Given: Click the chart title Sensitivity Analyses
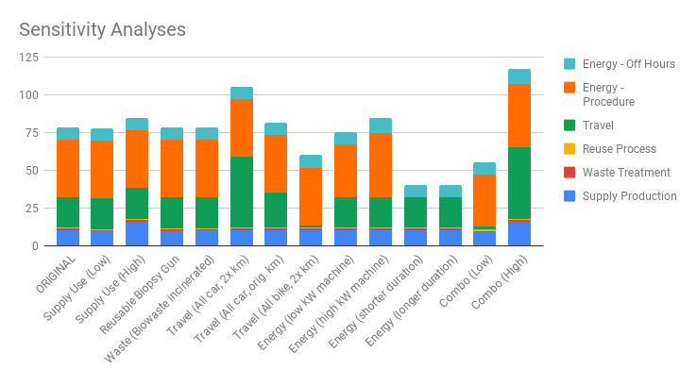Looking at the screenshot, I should (102, 29).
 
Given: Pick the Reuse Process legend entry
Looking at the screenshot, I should (619, 149).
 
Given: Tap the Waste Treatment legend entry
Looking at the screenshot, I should (626, 173).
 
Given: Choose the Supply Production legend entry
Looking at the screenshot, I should (629, 196).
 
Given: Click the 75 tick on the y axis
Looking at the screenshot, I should (31, 133).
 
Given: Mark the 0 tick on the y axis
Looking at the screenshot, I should (35, 246).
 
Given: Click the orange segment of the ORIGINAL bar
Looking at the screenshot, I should (68, 168).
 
